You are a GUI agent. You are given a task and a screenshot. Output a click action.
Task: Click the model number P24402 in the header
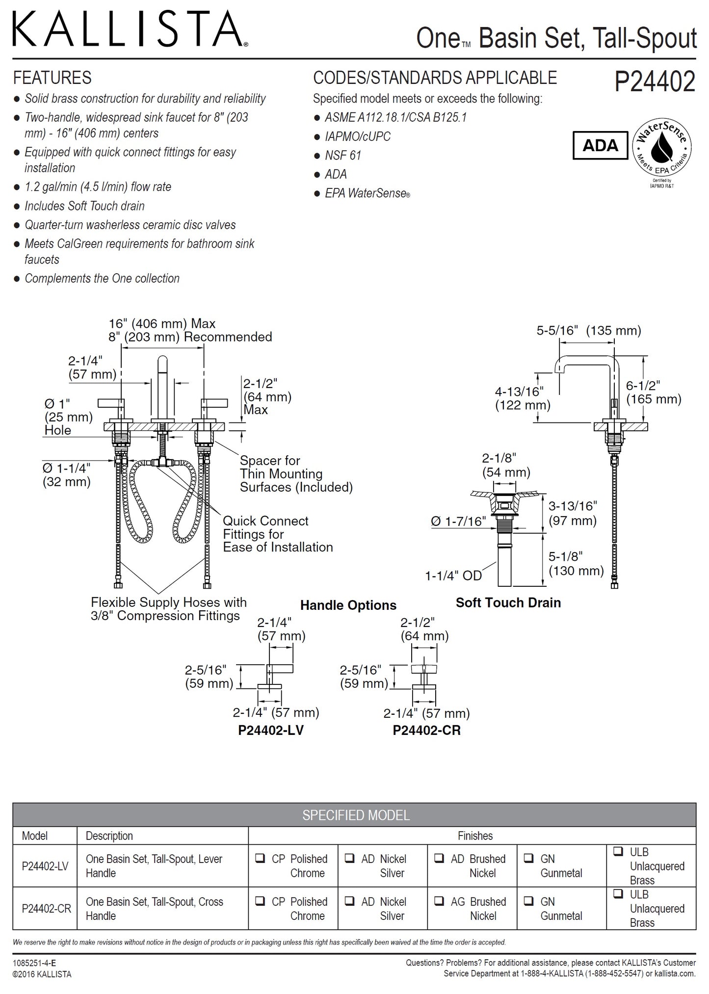point(655,82)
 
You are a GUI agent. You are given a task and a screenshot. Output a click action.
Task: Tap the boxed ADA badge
point(600,145)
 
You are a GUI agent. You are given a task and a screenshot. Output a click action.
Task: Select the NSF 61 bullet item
point(342,156)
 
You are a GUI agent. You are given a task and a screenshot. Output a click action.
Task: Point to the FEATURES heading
point(52,78)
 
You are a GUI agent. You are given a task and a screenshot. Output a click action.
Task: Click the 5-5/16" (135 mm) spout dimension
point(588,331)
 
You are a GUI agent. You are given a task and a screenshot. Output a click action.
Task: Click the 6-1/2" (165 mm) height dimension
point(653,392)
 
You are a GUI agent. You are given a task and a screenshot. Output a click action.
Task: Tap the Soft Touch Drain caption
point(508,603)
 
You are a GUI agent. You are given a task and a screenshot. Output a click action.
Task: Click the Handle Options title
point(348,605)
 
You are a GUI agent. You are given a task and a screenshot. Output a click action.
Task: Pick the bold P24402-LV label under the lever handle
point(270,731)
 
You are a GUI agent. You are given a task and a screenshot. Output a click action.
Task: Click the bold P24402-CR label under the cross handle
point(426,731)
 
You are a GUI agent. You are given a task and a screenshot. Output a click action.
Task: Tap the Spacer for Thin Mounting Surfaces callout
point(295,474)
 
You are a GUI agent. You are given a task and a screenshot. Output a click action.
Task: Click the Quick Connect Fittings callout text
point(277,534)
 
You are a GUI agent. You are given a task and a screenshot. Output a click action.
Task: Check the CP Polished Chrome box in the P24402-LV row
point(260,859)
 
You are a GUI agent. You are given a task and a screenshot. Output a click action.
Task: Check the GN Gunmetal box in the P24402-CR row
point(528,901)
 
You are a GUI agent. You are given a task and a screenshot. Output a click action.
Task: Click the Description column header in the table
point(109,836)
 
